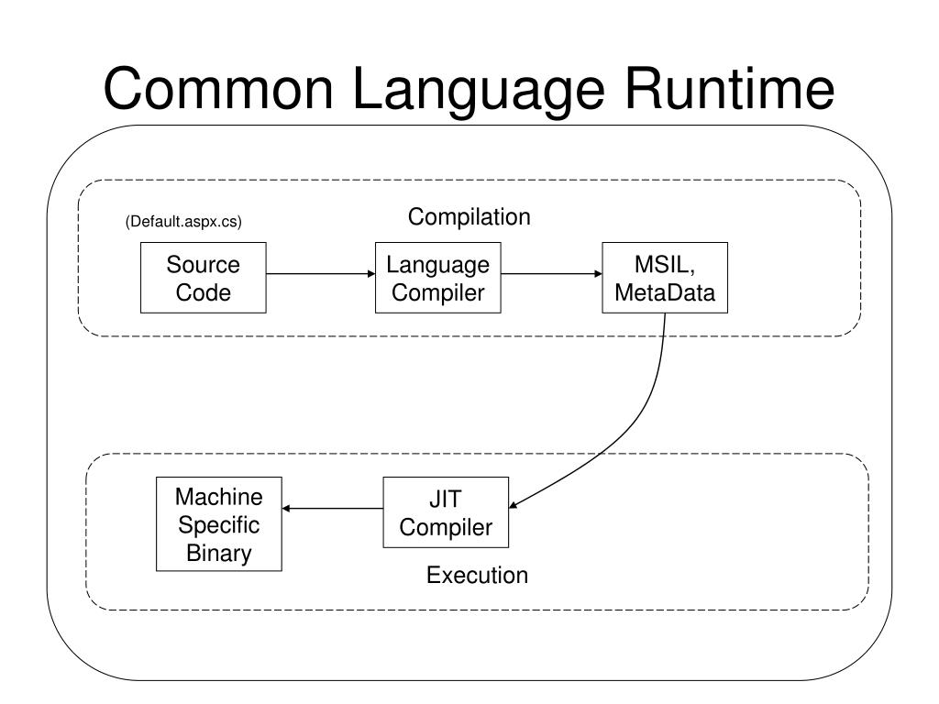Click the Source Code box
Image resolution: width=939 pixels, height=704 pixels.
coord(203,278)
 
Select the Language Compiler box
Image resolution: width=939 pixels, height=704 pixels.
coord(437,278)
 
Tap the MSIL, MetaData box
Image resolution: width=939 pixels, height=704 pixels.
coord(665,278)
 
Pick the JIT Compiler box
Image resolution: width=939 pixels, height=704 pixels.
coord(446,512)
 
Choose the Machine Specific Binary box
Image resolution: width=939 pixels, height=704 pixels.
coord(218,523)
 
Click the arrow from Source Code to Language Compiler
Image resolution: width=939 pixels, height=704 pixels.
coord(320,273)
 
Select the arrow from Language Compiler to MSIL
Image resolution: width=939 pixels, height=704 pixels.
coord(551,273)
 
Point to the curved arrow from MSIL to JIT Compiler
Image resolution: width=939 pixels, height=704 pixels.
coord(630,431)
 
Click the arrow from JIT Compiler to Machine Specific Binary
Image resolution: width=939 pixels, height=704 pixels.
coord(332,508)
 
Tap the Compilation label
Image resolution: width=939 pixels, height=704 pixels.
coord(469,216)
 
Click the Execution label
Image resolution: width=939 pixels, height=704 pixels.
coord(477,576)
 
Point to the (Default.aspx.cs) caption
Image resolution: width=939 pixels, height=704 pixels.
coord(183,222)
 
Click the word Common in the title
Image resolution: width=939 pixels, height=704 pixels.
coord(218,89)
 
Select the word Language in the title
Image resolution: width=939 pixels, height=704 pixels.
coord(479,92)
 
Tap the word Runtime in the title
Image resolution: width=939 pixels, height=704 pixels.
coord(729,89)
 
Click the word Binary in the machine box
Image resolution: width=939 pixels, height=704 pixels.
coord(218,553)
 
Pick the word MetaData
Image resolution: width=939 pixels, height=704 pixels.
coord(665,292)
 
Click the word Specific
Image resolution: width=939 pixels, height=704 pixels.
coord(218,525)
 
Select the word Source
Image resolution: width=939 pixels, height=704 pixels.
coord(203,265)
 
